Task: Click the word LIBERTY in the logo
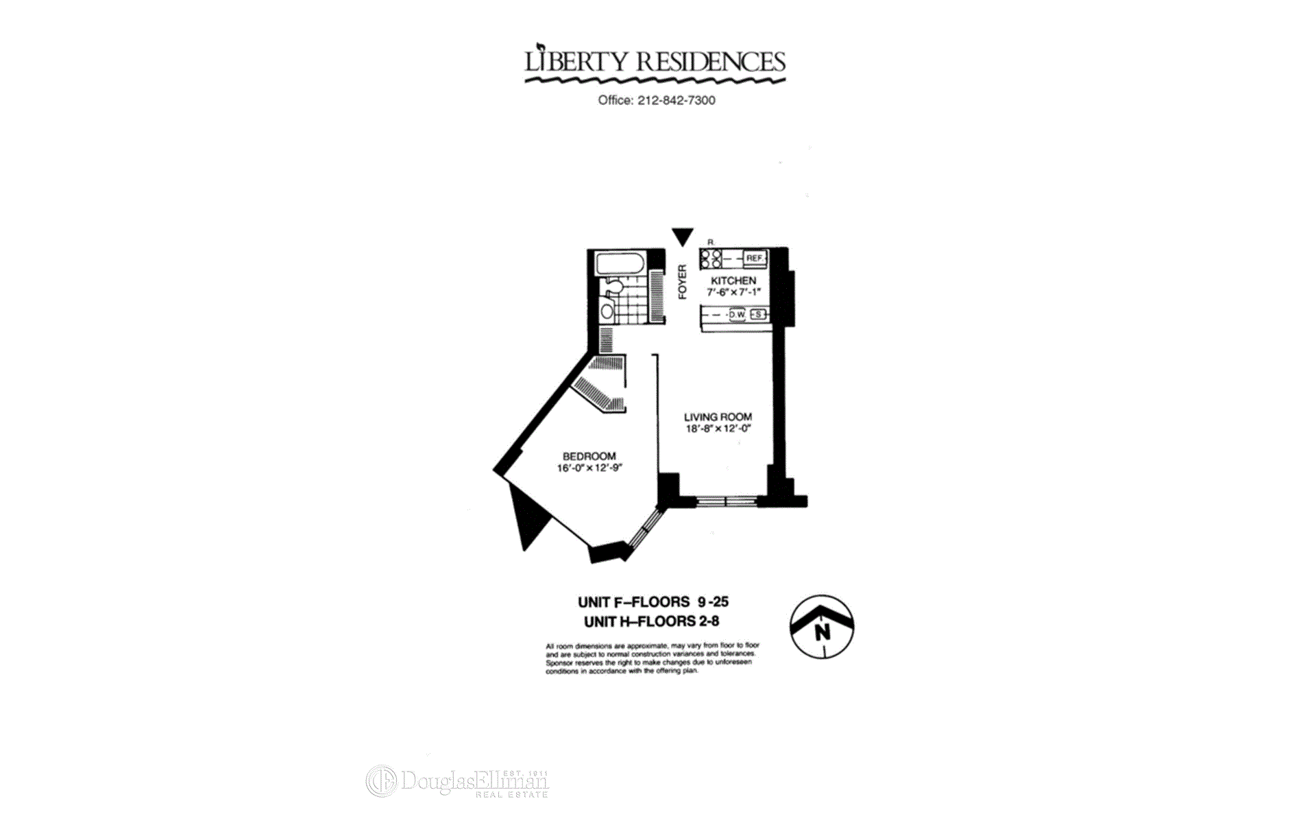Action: click(x=576, y=62)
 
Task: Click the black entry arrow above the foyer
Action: click(x=683, y=237)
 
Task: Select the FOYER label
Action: click(x=682, y=282)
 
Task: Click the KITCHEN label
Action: click(x=733, y=281)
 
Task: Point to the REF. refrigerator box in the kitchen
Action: click(x=754, y=259)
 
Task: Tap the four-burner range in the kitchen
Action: click(x=711, y=259)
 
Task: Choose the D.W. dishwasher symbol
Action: click(x=737, y=315)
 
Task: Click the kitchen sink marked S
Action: click(x=757, y=315)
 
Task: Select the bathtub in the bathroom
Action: click(x=619, y=264)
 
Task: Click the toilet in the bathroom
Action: click(x=613, y=287)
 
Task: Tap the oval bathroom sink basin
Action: click(x=607, y=311)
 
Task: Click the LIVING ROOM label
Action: click(x=718, y=417)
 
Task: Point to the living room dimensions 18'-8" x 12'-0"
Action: click(x=718, y=429)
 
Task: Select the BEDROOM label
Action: click(x=589, y=456)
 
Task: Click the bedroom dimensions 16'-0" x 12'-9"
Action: click(x=589, y=468)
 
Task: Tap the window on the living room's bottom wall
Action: click(x=727, y=502)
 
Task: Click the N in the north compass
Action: click(x=822, y=632)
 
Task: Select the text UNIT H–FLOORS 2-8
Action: click(x=651, y=622)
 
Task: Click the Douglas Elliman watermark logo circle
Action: click(x=381, y=781)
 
